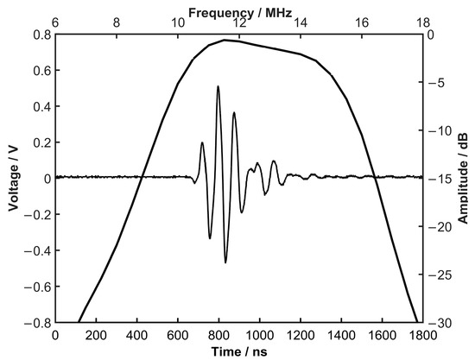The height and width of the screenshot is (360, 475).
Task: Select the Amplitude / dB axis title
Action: tap(464, 178)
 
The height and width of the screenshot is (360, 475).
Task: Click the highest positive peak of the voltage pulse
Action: tap(218, 86)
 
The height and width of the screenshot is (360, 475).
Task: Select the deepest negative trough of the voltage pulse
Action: tap(225, 262)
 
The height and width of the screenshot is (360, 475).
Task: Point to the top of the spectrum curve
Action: tap(225, 40)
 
